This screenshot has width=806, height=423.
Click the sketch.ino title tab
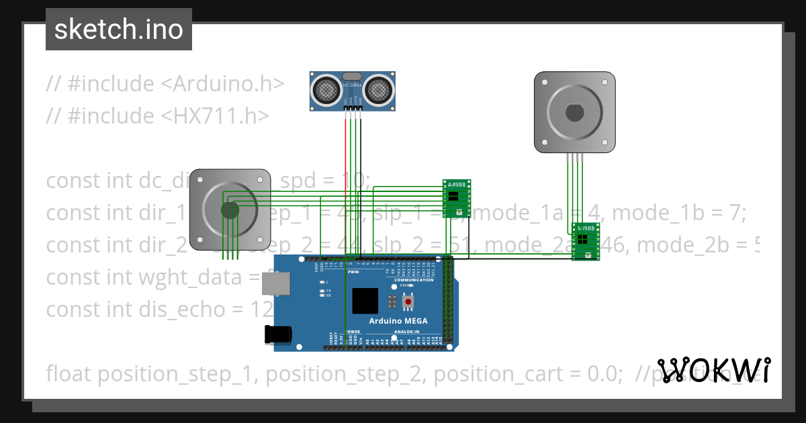119,30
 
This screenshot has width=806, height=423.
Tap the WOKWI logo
713,370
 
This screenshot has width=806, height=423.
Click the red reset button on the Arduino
408,303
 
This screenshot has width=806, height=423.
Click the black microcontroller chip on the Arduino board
365,301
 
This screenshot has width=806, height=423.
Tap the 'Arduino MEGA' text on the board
403,321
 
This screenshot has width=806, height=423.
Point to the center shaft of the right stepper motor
574,112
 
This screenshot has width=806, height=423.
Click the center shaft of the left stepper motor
230,210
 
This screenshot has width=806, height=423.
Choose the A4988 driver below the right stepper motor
585,240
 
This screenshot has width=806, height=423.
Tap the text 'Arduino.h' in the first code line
228,84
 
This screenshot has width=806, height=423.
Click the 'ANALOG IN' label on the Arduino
406,331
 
